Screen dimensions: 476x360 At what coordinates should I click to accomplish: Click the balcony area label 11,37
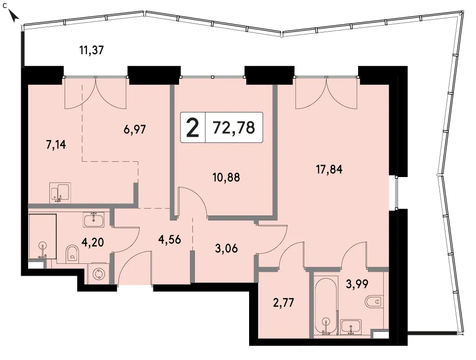click(x=92, y=50)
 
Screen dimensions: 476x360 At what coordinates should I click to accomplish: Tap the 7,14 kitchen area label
click(x=56, y=145)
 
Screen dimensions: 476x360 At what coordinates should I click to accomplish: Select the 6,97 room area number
click(x=135, y=130)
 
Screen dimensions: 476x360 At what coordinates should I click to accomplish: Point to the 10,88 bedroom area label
click(x=226, y=177)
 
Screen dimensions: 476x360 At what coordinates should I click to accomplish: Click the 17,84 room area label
click(x=329, y=169)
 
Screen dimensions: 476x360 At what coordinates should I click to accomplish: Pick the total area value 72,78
click(x=234, y=127)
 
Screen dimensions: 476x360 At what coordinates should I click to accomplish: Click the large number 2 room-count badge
click(x=193, y=128)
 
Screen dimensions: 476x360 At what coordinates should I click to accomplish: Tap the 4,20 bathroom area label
click(x=93, y=242)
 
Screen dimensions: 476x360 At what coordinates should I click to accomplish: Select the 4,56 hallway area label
click(x=170, y=240)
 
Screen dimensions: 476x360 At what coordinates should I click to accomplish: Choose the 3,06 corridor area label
click(x=226, y=249)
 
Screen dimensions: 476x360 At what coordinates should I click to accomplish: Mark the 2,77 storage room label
click(x=284, y=303)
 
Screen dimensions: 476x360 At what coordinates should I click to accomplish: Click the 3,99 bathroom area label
click(x=357, y=284)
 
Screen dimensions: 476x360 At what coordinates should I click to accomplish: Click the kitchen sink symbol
click(x=60, y=193)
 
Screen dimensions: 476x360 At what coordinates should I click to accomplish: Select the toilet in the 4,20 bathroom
click(x=72, y=253)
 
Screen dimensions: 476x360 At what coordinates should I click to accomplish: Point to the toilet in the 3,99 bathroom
click(x=374, y=302)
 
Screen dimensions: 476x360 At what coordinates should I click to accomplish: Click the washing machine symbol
click(x=98, y=274)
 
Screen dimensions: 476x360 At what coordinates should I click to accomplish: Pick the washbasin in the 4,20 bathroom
click(x=94, y=220)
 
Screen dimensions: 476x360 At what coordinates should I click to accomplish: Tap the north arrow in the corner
click(x=13, y=16)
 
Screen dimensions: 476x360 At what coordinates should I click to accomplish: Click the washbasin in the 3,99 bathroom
click(x=351, y=327)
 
